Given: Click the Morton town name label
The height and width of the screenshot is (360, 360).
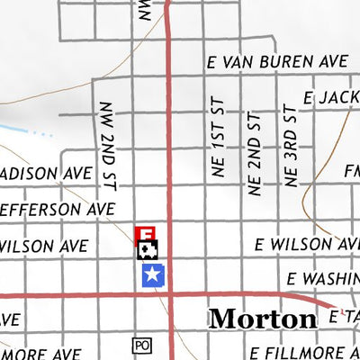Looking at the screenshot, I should coord(263,319).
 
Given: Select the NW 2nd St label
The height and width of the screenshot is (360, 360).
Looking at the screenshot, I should coord(108,144).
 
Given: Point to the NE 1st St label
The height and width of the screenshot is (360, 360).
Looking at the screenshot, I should coord(218,148).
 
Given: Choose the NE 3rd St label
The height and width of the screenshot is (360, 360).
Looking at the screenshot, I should coord(289,148).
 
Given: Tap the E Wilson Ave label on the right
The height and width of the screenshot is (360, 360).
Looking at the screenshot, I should coord(306,244).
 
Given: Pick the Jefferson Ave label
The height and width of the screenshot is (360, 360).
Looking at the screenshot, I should coord(56,209).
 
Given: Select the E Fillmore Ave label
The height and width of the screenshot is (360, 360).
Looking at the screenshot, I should coord(304,351).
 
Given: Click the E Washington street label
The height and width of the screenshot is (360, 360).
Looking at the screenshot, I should coord(322,280).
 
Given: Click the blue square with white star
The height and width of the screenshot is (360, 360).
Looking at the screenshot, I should coord(154,275).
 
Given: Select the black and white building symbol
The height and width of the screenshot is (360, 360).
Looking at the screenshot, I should coord(148,250).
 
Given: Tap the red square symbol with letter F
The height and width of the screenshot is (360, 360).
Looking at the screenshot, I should coord(144,234).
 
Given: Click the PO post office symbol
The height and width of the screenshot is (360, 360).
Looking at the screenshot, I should coord(140,345).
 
